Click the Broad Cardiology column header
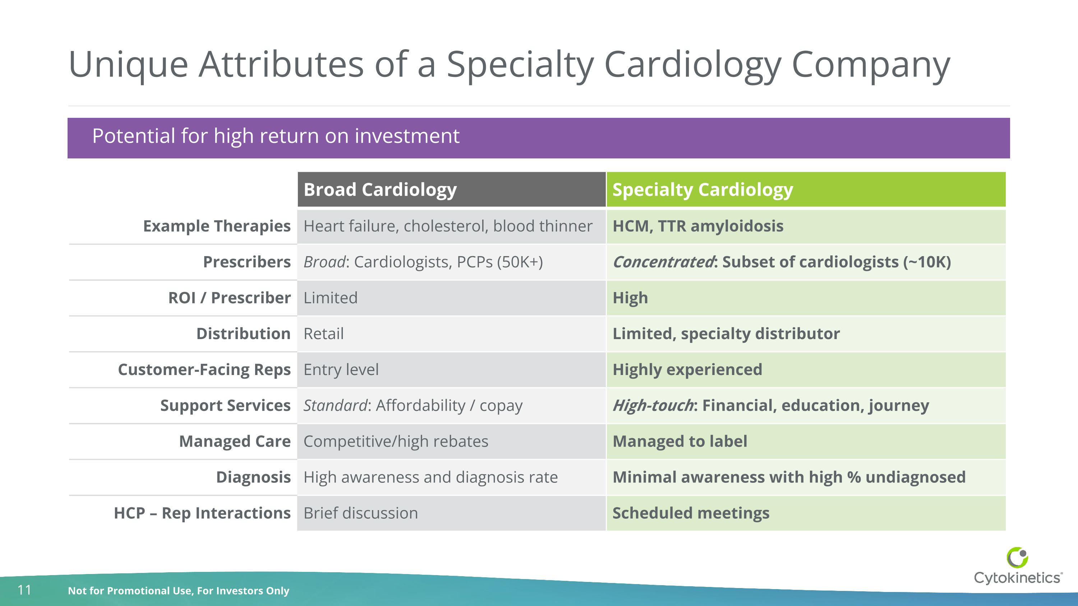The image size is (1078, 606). [x=380, y=189]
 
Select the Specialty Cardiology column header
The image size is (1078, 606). [x=702, y=189]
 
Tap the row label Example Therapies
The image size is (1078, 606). [x=216, y=226]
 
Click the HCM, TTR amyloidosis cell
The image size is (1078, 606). [x=697, y=226]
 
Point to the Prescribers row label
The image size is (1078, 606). [x=247, y=262]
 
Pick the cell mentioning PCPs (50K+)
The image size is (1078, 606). [x=423, y=262]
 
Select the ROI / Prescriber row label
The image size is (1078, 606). [x=229, y=298]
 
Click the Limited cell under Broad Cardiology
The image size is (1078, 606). [x=330, y=298]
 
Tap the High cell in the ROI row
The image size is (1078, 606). [x=630, y=298]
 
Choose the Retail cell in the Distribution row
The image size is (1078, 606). [x=323, y=334]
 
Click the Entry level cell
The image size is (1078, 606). [x=341, y=370]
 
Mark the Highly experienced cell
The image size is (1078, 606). [x=687, y=370]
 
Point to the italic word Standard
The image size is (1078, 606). [x=335, y=405]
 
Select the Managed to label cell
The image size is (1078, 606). [x=679, y=441]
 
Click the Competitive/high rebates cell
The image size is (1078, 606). [x=396, y=441]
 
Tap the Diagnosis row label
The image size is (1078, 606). [x=253, y=477]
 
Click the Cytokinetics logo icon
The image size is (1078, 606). [x=1017, y=558]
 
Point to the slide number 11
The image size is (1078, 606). [x=24, y=590]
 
